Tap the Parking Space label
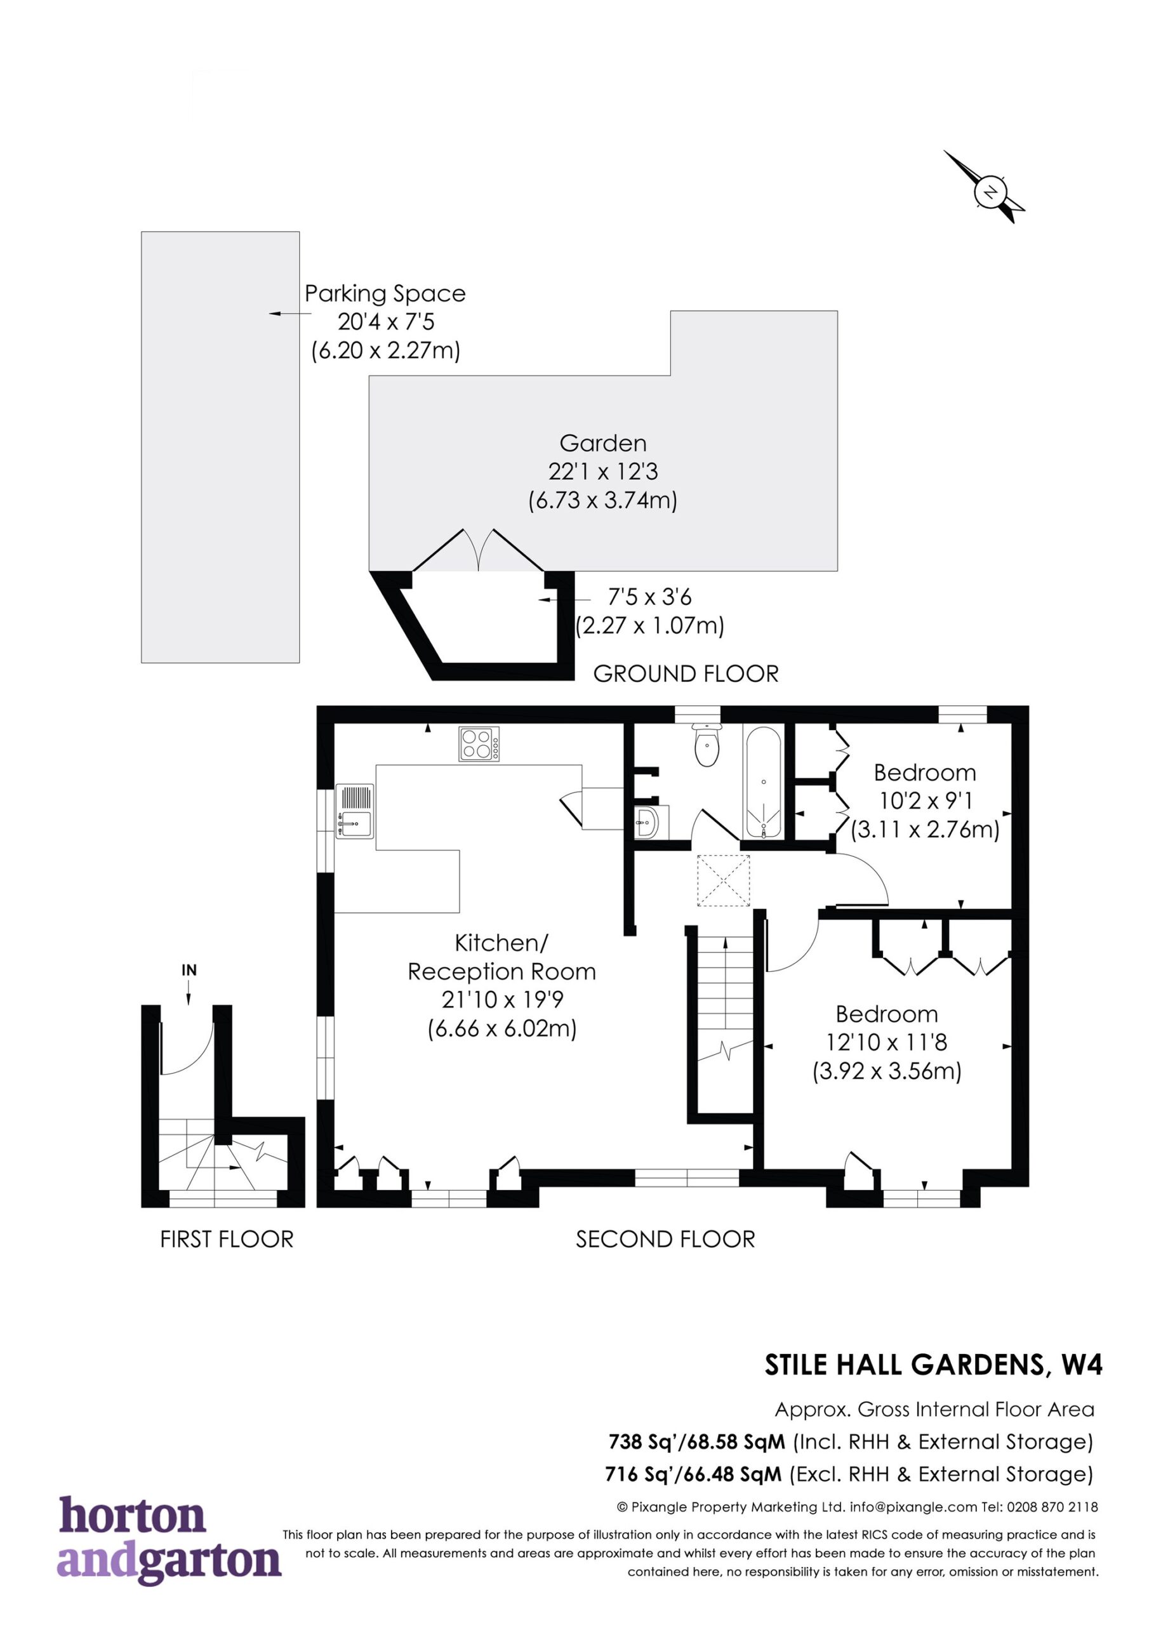click(385, 293)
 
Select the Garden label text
click(602, 443)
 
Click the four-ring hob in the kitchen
click(479, 744)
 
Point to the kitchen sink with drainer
click(354, 811)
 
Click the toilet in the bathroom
click(707, 745)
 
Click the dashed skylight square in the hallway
click(724, 880)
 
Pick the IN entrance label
click(189, 971)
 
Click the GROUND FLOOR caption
click(686, 673)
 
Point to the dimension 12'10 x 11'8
click(886, 1042)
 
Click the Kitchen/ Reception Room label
click(501, 957)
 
